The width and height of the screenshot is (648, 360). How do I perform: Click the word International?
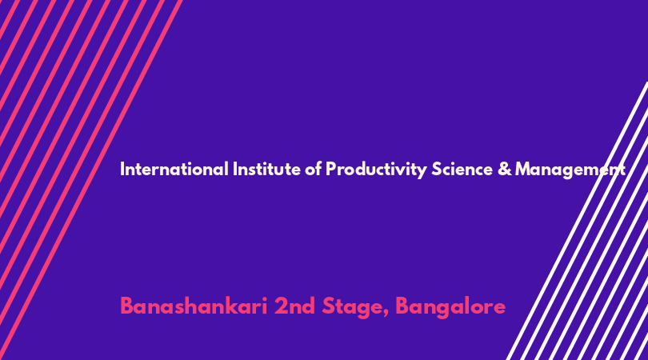pos(174,169)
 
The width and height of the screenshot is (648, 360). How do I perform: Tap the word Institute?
pos(266,169)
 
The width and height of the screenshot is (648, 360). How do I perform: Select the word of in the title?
pos(313,169)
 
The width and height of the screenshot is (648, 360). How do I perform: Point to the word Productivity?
pos(376,170)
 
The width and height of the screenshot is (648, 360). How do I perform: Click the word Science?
pos(462,169)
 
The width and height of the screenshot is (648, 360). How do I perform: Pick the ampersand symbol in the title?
pos(504,169)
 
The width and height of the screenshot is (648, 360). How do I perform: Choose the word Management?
pos(570,170)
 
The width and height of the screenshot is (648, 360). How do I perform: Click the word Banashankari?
pos(194,306)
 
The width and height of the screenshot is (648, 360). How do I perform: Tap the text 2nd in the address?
pos(294,306)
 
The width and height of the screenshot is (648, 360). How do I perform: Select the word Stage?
pos(353,307)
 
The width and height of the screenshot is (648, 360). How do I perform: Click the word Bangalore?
pos(450,307)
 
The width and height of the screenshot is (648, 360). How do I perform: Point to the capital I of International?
pos(122,169)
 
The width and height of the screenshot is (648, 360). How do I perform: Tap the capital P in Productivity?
pos(331,169)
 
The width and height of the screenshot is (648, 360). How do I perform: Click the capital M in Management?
pos(523,169)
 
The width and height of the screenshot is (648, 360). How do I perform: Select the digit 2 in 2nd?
pos(281,306)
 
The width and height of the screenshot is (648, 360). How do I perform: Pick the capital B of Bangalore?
pos(403,306)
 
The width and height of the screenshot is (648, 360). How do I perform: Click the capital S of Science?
pos(437,169)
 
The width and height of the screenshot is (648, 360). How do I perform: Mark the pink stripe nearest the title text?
pos(90,180)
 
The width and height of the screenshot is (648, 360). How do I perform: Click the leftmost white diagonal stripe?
pos(577,221)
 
